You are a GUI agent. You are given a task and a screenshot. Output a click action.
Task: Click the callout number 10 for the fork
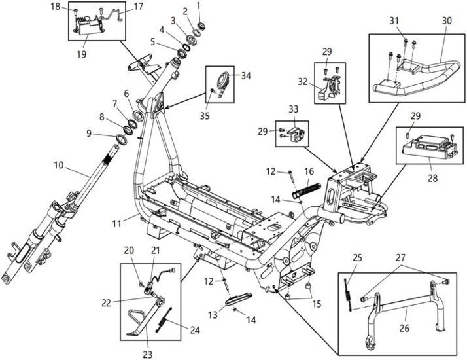59,165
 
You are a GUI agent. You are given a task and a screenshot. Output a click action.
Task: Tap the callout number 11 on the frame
117,223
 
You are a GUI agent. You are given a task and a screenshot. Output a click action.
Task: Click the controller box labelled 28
430,147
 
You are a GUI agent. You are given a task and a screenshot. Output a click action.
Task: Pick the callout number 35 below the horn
205,116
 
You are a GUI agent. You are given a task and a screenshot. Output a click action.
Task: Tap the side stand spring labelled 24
164,319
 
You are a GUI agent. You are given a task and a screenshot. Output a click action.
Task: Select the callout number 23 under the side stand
147,355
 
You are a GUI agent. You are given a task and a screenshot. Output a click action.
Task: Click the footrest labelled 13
239,298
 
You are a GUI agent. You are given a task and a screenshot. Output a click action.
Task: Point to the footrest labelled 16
306,189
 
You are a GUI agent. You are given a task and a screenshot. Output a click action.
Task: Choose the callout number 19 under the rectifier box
81,54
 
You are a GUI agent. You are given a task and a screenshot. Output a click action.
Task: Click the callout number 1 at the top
198,5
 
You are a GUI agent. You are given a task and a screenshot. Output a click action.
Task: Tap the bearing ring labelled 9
121,139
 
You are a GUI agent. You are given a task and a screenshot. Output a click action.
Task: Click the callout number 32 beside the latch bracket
303,81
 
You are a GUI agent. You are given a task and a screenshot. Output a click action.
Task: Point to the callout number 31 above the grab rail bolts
394,20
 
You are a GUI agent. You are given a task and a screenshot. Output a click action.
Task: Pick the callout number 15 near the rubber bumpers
317,304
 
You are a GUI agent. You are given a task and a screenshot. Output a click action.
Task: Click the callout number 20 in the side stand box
129,250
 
